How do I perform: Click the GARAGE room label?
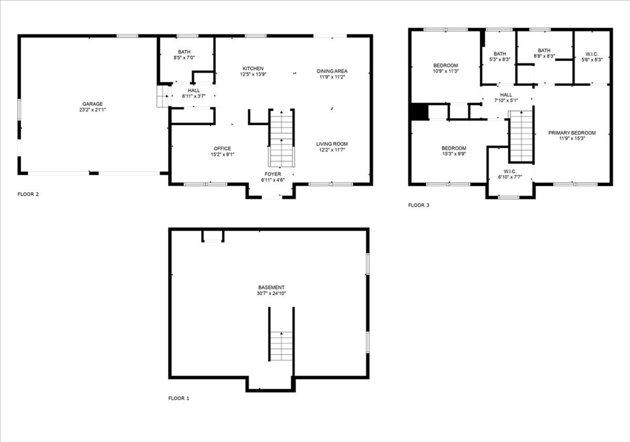pos(93,104)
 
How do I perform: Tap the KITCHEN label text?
pos(253,68)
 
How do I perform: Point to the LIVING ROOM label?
pos(332,143)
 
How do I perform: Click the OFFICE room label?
pos(222,148)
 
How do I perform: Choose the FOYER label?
pos(273,174)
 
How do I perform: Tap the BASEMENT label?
pos(271,287)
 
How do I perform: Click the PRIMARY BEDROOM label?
pos(573,133)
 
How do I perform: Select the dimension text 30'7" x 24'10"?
pos(271,294)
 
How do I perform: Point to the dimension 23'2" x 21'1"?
pos(93,110)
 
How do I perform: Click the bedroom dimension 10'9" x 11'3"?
pos(446,71)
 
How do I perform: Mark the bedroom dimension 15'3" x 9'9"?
pos(454,155)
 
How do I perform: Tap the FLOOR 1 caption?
pos(179,398)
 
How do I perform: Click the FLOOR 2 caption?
pos(28,195)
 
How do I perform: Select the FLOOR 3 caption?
pos(419,205)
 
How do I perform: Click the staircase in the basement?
pos(281,345)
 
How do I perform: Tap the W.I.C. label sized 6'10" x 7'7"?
pos(510,171)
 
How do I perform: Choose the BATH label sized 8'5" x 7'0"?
pos(185,52)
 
